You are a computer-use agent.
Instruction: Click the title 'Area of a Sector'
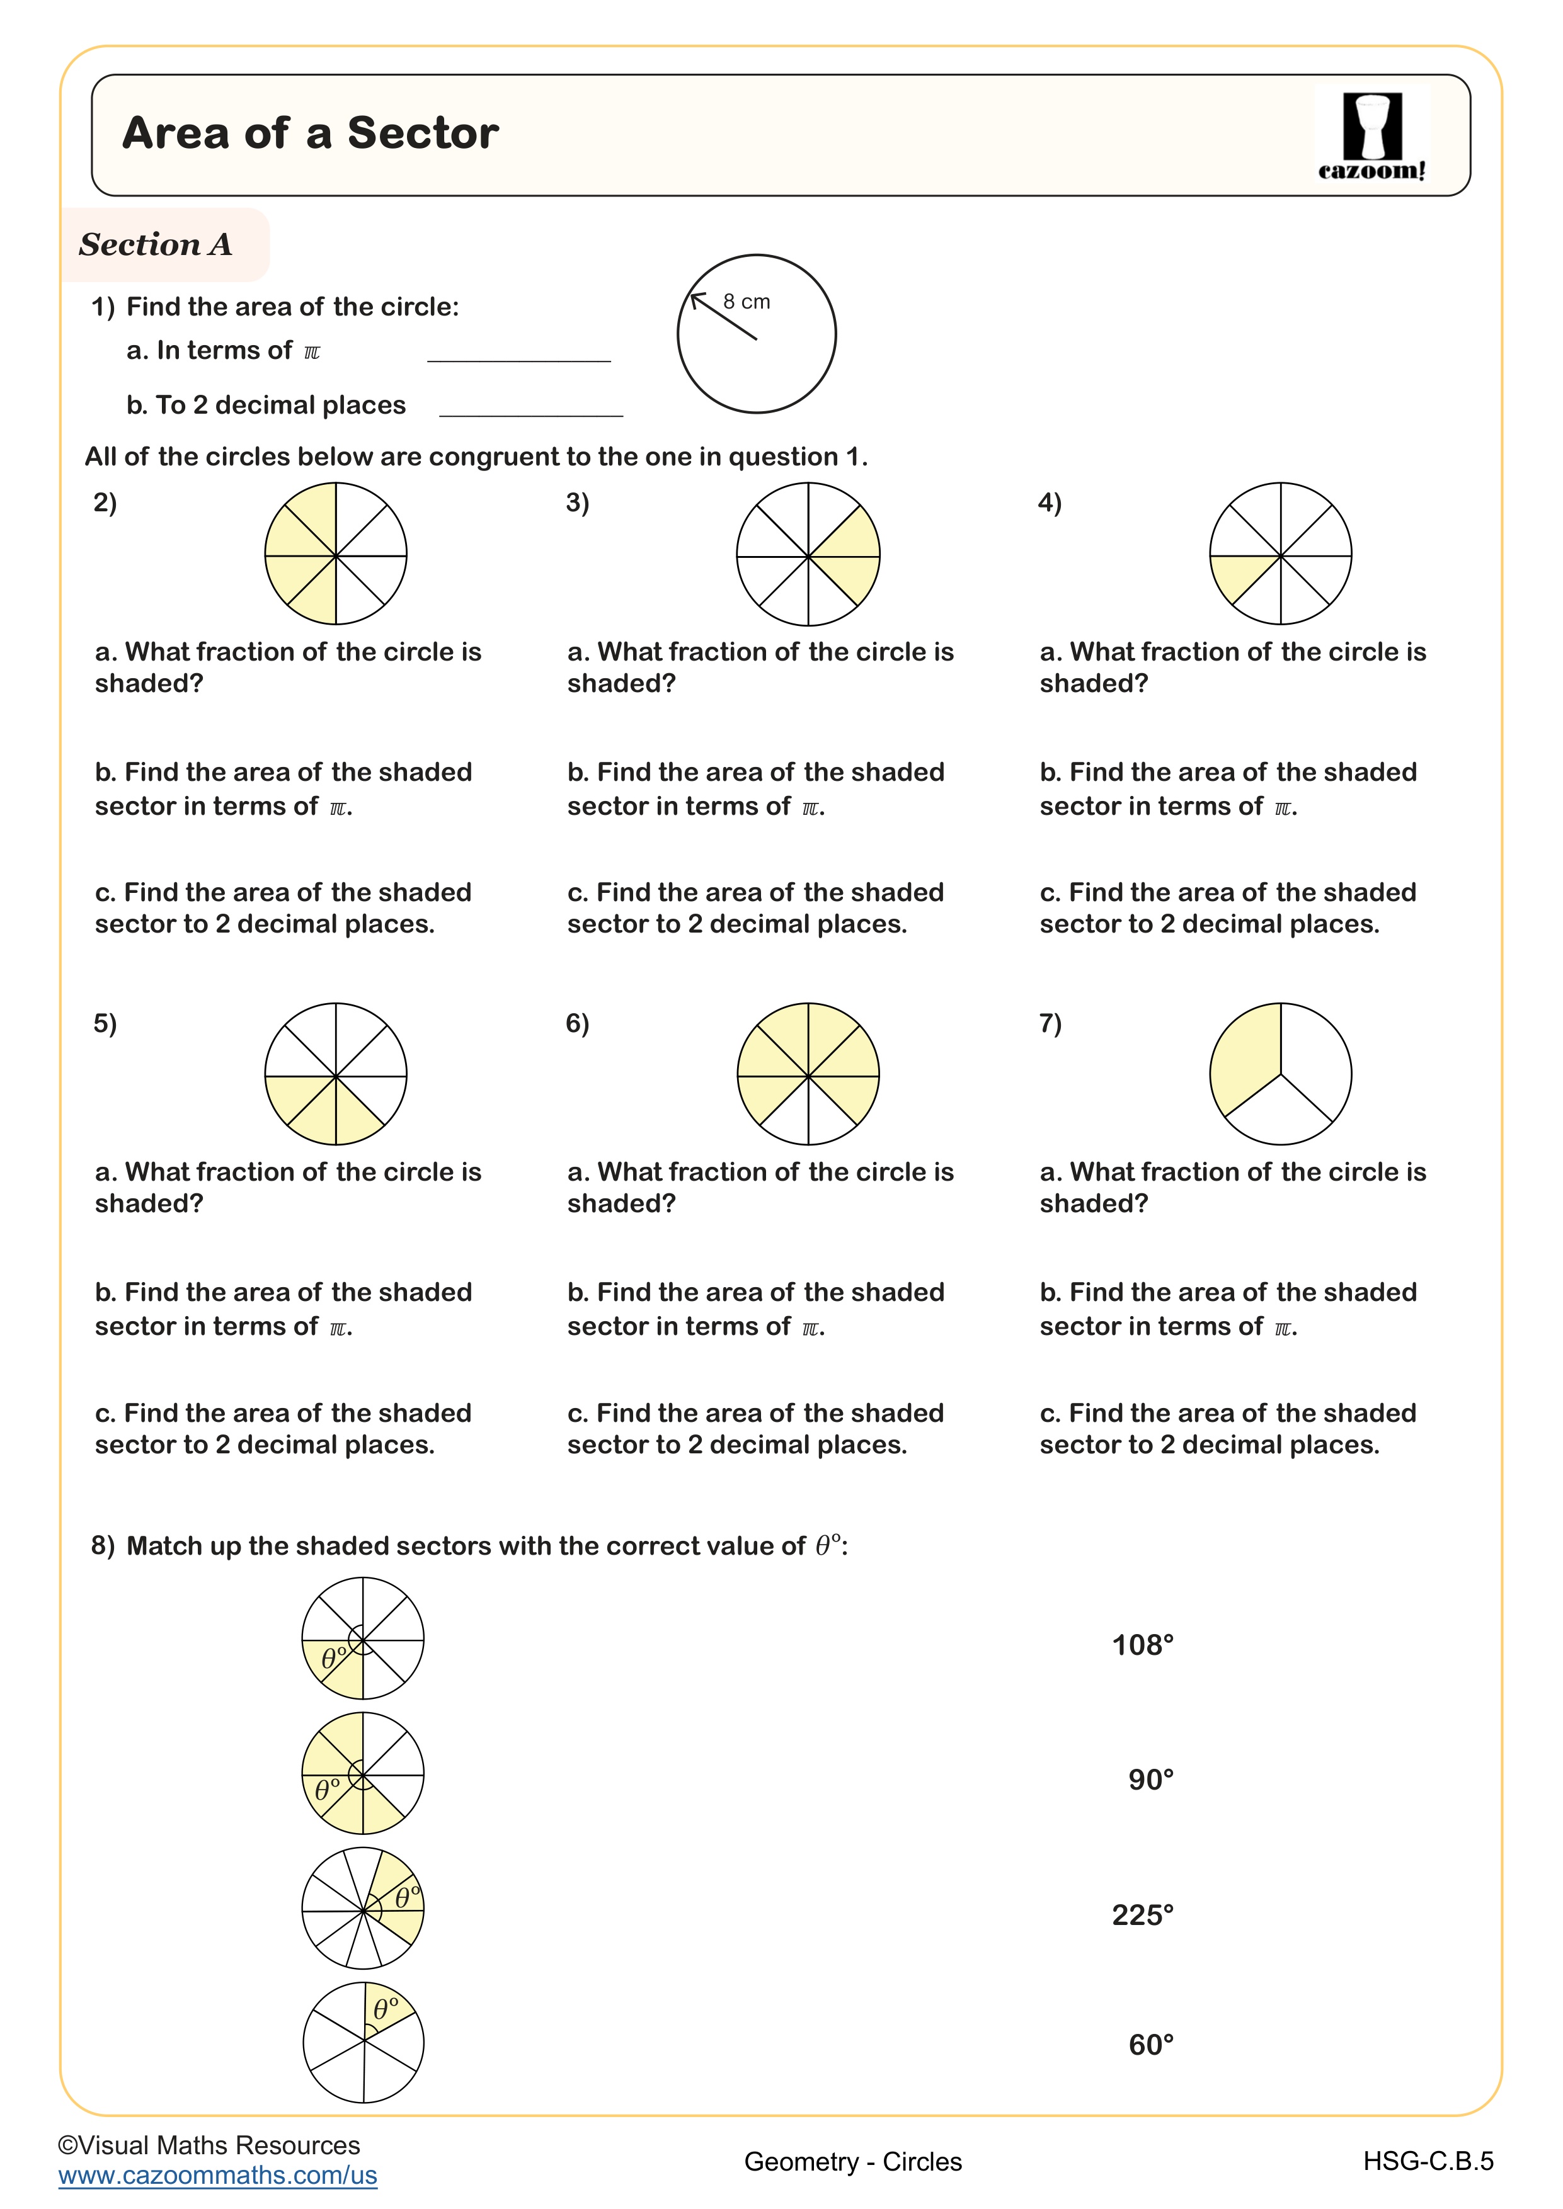tap(310, 133)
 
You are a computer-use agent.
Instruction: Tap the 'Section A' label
tap(156, 244)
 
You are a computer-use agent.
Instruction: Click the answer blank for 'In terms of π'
tap(518, 352)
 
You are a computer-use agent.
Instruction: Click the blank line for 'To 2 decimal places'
tap(530, 407)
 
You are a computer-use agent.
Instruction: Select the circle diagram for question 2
tap(336, 554)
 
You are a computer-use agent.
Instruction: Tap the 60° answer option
tap(1150, 2045)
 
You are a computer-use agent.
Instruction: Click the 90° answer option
tap(1150, 1780)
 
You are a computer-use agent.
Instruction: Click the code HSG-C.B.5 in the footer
tap(1428, 2161)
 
